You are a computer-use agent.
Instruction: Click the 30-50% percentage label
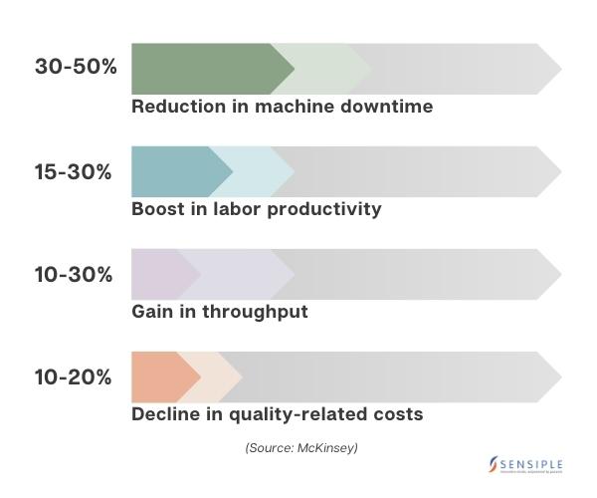pyautogui.click(x=76, y=68)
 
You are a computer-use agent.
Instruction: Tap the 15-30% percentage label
pyautogui.click(x=74, y=171)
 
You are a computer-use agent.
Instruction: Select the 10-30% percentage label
pyautogui.click(x=74, y=275)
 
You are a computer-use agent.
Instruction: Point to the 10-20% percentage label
pyautogui.click(x=74, y=377)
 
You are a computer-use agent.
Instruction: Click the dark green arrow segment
pyautogui.click(x=204, y=69)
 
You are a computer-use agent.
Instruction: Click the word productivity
pyautogui.click(x=329, y=209)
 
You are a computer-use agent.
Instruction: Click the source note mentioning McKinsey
pyautogui.click(x=301, y=448)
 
